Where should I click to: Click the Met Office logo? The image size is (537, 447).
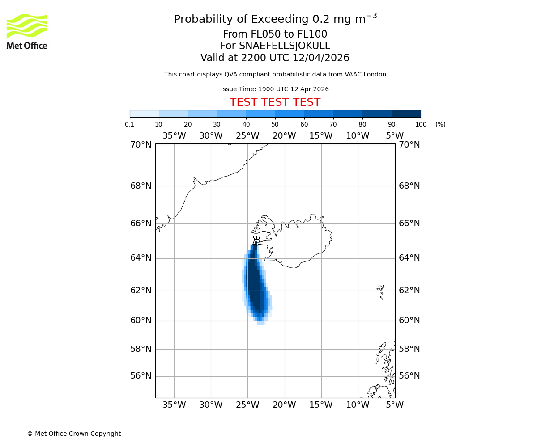click(x=27, y=31)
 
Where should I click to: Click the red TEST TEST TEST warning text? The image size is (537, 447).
click(x=275, y=102)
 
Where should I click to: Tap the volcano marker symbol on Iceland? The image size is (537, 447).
click(x=256, y=242)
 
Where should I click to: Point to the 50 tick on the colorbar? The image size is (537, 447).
click(x=275, y=124)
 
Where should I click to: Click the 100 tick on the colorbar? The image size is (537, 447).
click(x=421, y=124)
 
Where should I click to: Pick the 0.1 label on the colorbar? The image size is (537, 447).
click(x=130, y=124)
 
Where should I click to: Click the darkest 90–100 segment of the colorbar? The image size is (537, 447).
click(x=406, y=114)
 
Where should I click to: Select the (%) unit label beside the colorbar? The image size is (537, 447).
click(x=440, y=124)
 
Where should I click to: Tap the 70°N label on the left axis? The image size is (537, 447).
click(x=141, y=144)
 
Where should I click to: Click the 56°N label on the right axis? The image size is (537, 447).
click(x=409, y=376)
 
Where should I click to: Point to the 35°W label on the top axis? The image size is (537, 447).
click(x=174, y=136)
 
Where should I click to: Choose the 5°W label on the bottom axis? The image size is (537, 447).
click(x=395, y=405)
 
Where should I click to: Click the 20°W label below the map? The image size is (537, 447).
click(x=284, y=405)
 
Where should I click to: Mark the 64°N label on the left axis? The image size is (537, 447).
click(x=141, y=258)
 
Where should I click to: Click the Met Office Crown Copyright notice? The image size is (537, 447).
click(x=74, y=434)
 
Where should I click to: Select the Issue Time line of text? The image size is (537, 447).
click(x=275, y=89)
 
